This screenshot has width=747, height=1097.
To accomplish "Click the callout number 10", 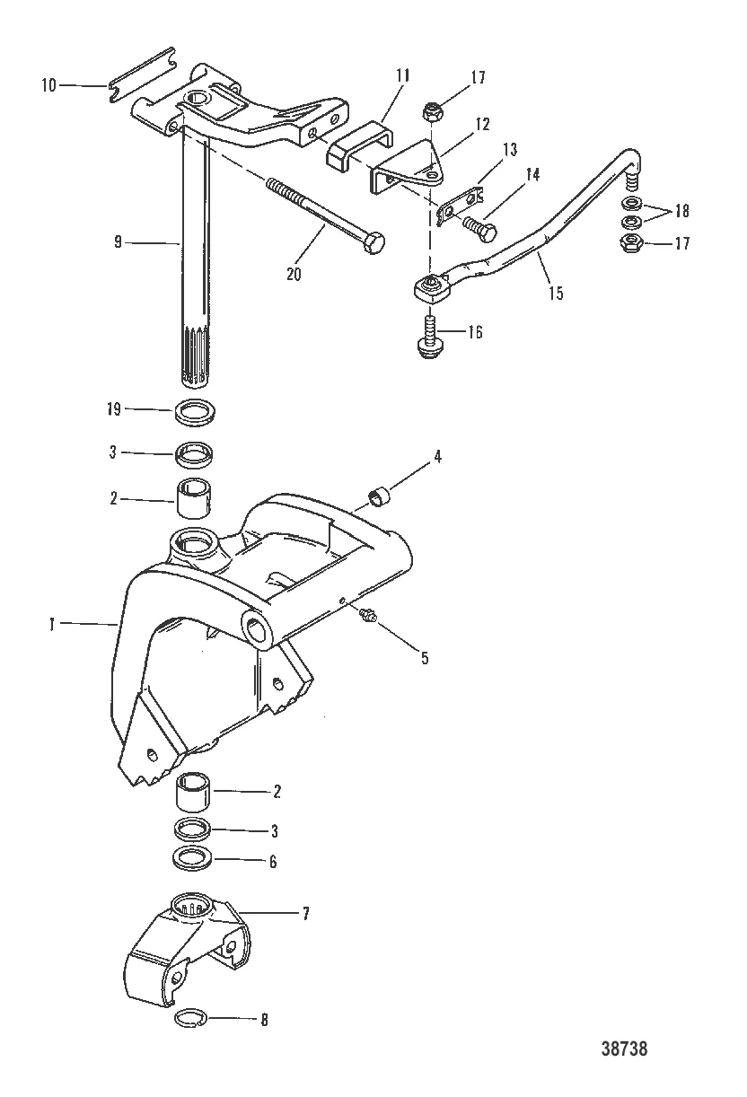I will tap(49, 84).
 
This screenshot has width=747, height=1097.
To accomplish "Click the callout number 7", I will tap(305, 913).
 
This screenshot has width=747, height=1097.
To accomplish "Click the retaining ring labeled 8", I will tap(189, 1017).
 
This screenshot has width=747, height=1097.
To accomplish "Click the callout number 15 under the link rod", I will tap(557, 294).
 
